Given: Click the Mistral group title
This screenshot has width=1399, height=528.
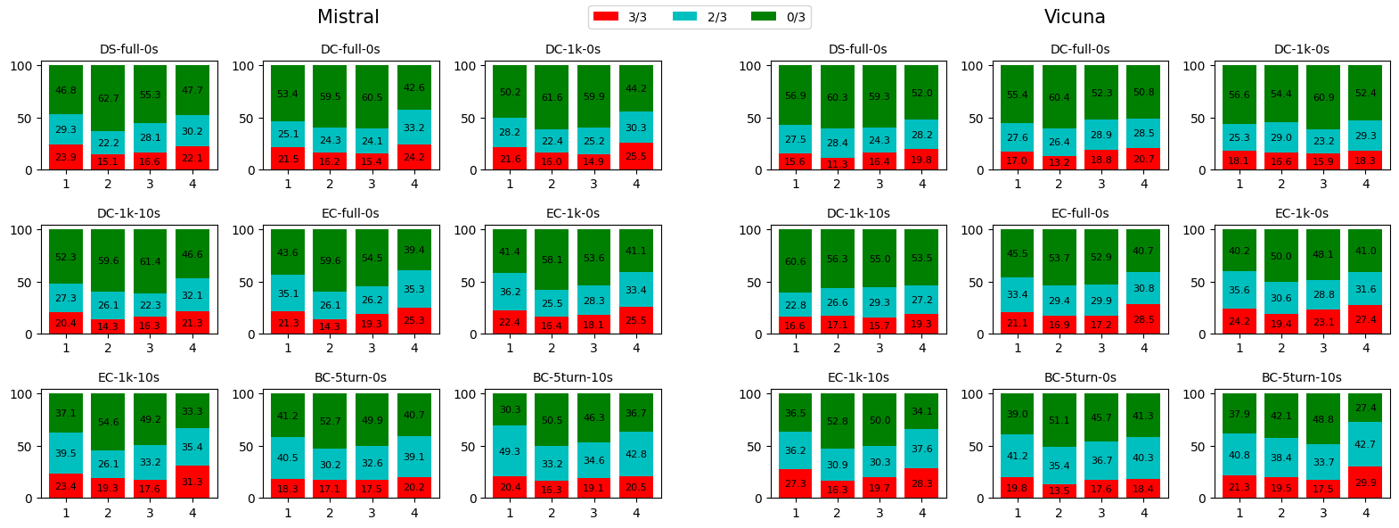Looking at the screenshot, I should [348, 17].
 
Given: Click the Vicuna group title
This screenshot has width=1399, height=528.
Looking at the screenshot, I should [1075, 17].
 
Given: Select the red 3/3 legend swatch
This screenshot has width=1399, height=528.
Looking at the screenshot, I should [605, 17].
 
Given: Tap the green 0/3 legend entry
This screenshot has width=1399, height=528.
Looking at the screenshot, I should [764, 17].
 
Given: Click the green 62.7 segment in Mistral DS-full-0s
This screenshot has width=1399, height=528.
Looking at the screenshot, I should [108, 98].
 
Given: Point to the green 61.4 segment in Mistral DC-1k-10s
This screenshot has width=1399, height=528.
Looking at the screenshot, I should [150, 261].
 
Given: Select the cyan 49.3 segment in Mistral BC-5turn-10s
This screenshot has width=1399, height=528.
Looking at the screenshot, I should [510, 451].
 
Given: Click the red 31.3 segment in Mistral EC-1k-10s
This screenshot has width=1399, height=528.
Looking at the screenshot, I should [192, 482].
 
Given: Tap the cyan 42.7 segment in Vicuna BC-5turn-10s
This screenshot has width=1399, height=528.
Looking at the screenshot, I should [1365, 444].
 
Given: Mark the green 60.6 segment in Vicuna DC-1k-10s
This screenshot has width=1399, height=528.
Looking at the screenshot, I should [796, 261].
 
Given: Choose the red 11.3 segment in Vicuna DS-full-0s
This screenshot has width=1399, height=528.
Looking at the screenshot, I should [838, 164].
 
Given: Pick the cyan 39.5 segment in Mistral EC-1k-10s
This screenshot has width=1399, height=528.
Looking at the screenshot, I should [66, 453].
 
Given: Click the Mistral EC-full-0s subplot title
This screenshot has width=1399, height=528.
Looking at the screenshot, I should [350, 213].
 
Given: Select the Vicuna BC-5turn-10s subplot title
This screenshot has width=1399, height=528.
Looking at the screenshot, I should [1301, 377].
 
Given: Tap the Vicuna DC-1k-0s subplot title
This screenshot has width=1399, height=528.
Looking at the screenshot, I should [1301, 49].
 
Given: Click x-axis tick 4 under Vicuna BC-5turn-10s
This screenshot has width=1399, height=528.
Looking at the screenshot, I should [1365, 513].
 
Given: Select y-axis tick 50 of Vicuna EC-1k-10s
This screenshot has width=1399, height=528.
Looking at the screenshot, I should [755, 447].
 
